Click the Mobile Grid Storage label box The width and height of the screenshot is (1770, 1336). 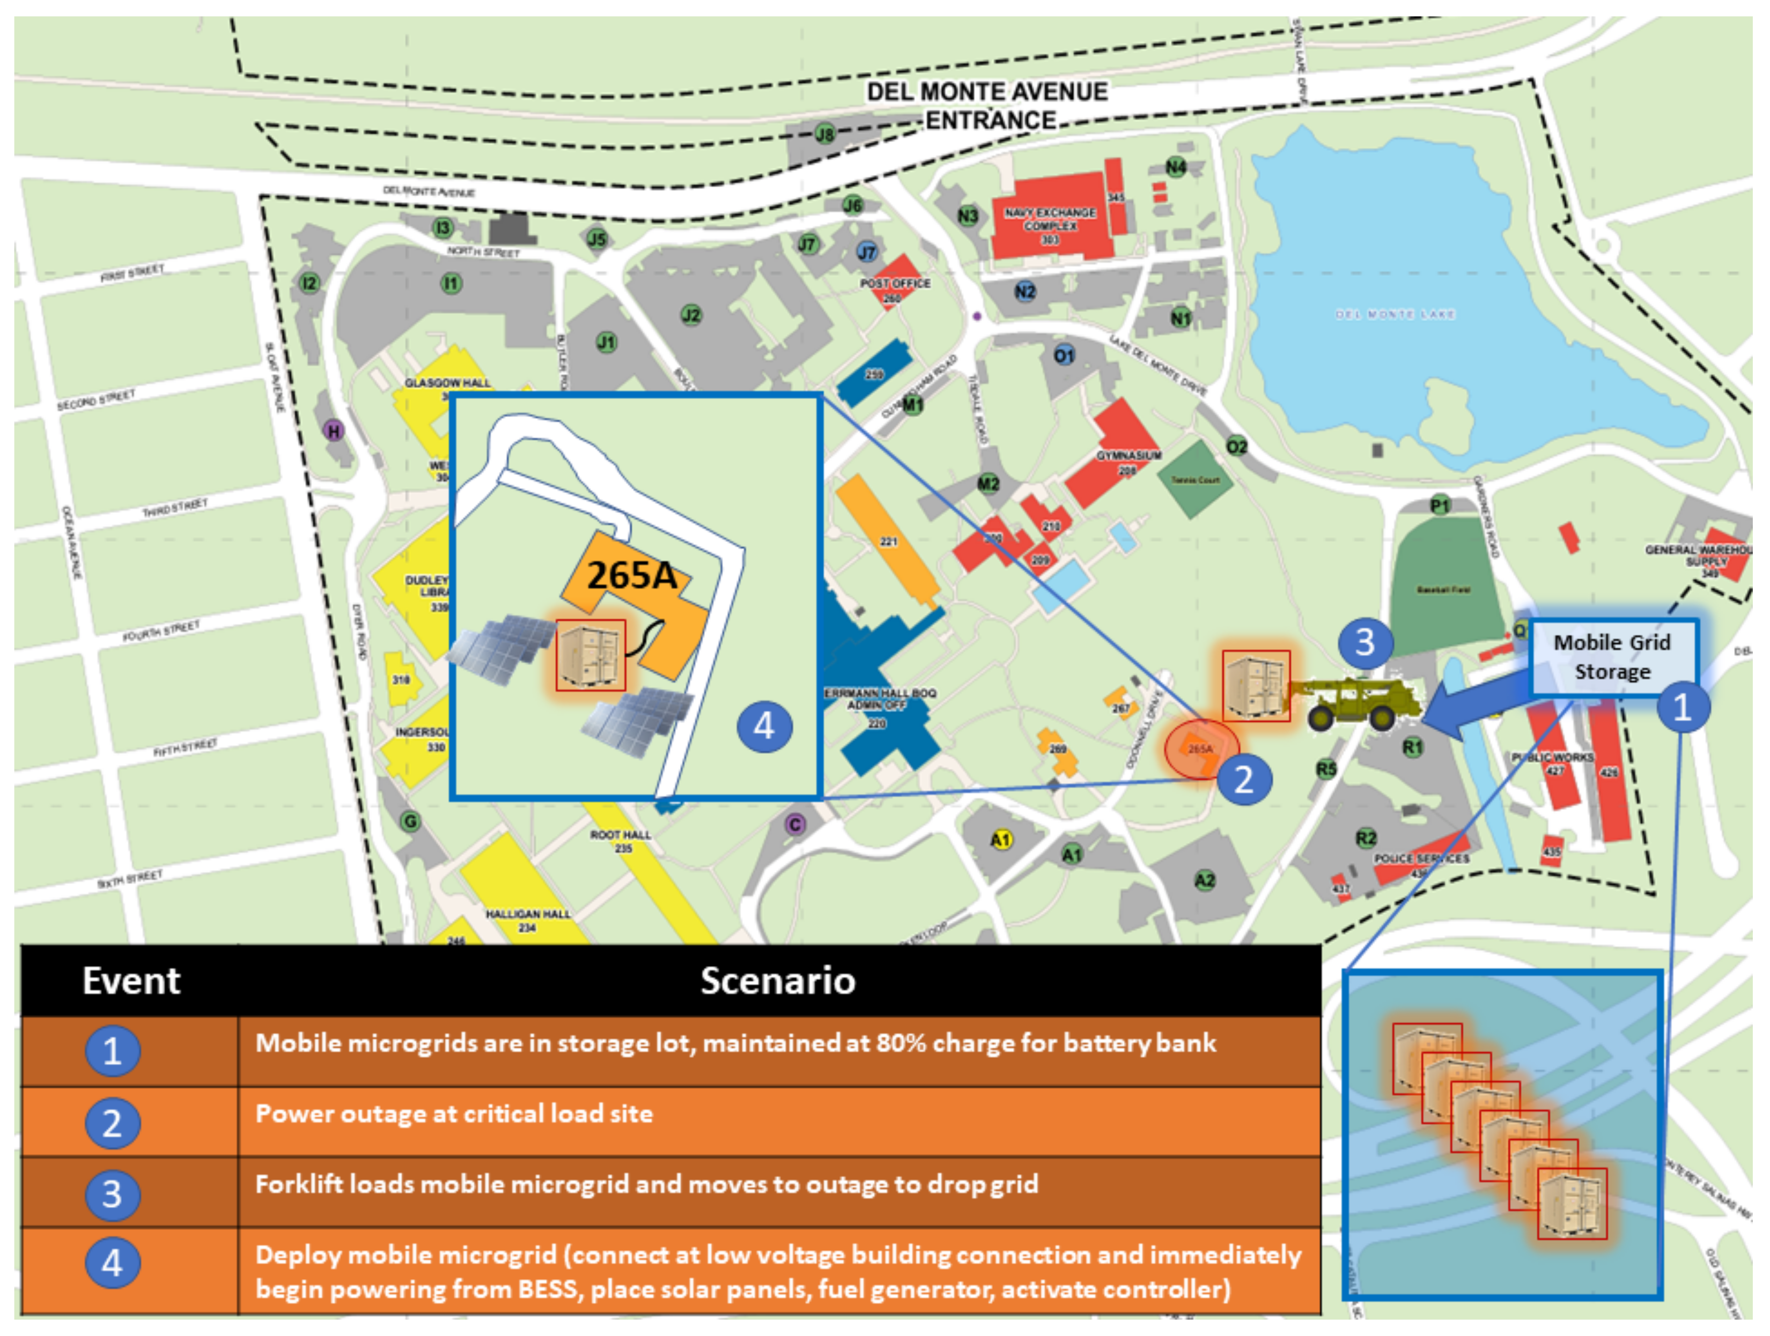click(1612, 657)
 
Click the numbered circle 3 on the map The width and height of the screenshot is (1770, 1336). click(1365, 642)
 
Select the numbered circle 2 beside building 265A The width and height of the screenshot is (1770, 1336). click(1243, 778)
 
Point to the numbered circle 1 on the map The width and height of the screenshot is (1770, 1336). click(1682, 707)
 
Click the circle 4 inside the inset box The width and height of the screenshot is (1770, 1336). click(764, 726)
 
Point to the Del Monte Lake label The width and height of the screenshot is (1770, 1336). click(1395, 314)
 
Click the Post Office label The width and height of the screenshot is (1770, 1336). click(895, 283)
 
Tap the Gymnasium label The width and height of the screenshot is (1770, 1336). click(1129, 455)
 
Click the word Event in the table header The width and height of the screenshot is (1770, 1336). click(131, 981)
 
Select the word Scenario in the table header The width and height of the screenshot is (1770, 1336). click(778, 981)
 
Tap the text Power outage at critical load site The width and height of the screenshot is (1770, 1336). click(454, 1114)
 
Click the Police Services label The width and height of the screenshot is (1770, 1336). click(1421, 858)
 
